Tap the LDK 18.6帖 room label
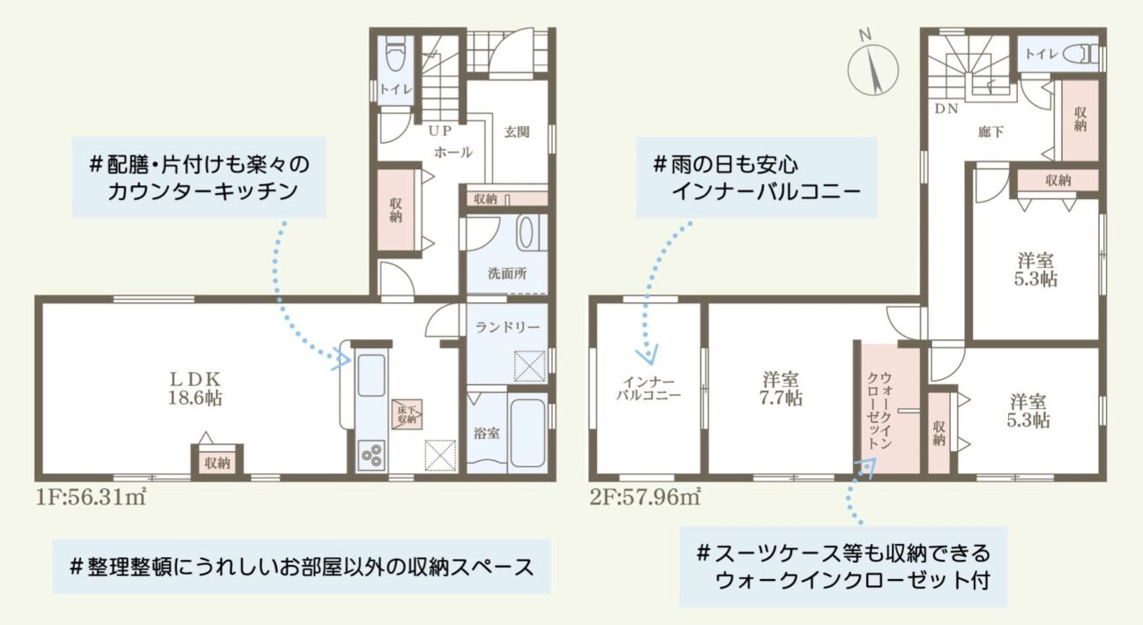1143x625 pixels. pos(196,389)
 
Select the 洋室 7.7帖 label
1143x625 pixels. pos(781,389)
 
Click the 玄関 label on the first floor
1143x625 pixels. pos(517,132)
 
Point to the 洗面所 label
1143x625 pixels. pos(507,273)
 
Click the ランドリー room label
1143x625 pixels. pos(507,327)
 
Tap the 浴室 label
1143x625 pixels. pos(486,434)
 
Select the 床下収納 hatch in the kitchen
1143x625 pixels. pos(407,414)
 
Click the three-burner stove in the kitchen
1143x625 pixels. pos(371,455)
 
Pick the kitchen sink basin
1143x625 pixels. pos(371,376)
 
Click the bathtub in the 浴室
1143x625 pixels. pos(527,433)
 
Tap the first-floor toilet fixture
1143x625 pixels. pos(394,54)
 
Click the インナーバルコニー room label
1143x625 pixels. pos(648,389)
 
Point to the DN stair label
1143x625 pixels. pos(946,108)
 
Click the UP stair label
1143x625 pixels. pos(439,131)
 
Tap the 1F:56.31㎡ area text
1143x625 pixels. pos(91,497)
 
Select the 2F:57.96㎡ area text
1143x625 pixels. pos(645,497)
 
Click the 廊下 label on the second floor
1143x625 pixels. pos(991,132)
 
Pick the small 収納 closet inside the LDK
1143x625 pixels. pos(217,462)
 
